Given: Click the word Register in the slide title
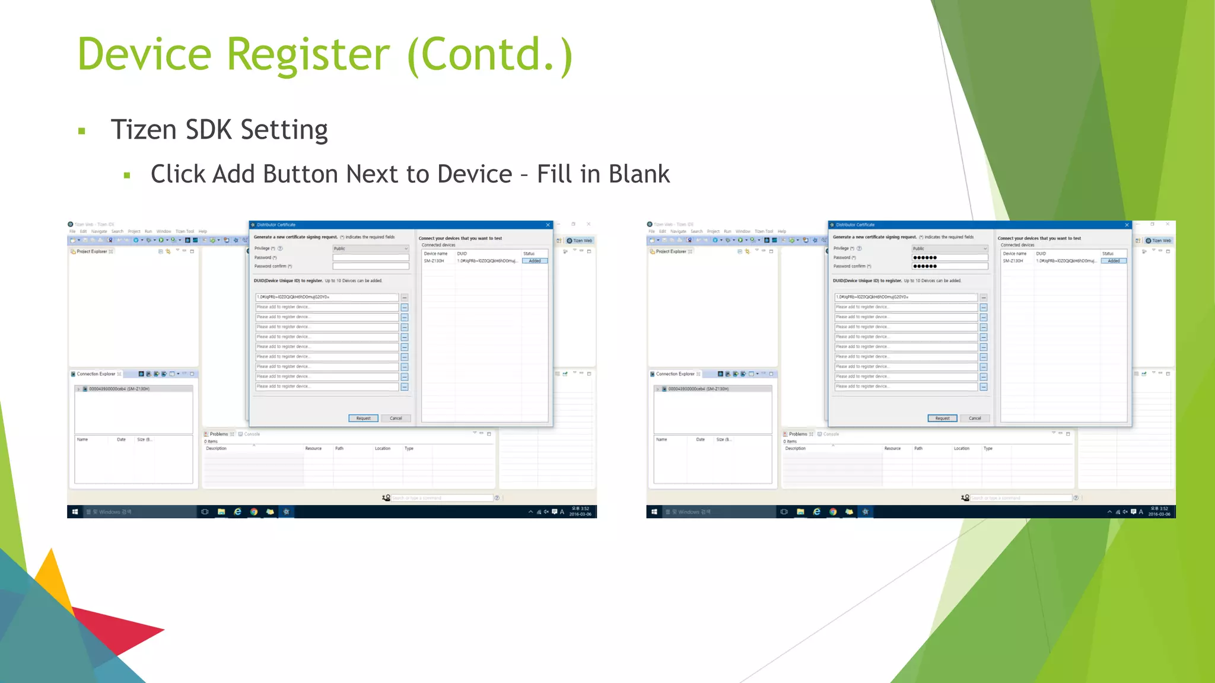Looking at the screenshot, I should coord(308,55).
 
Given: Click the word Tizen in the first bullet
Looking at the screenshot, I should coord(144,130).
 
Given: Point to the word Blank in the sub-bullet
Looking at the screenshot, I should coord(639,174).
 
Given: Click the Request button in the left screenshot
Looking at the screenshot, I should coord(363,419).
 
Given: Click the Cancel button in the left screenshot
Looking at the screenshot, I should coord(396,419).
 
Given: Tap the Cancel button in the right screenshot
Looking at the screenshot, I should coord(975,419).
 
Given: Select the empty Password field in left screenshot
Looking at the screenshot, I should coord(371,257).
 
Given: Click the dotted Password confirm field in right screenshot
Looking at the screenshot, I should coord(949,266).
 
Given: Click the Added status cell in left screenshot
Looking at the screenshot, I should coord(535,261).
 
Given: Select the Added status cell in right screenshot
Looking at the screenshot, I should coord(1114,261).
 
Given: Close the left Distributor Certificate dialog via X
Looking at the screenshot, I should coord(548,225).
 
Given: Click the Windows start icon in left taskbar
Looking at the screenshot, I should coord(75,512).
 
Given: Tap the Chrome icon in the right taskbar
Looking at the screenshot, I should coord(833,512).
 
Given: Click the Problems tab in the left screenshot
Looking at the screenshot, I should coord(218,434).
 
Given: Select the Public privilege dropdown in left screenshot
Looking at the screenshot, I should coord(371,248).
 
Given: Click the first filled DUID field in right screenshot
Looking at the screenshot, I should coord(905,297).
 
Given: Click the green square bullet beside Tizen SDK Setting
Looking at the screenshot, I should coord(82,131).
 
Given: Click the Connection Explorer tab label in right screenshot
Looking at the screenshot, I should coord(675,374).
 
